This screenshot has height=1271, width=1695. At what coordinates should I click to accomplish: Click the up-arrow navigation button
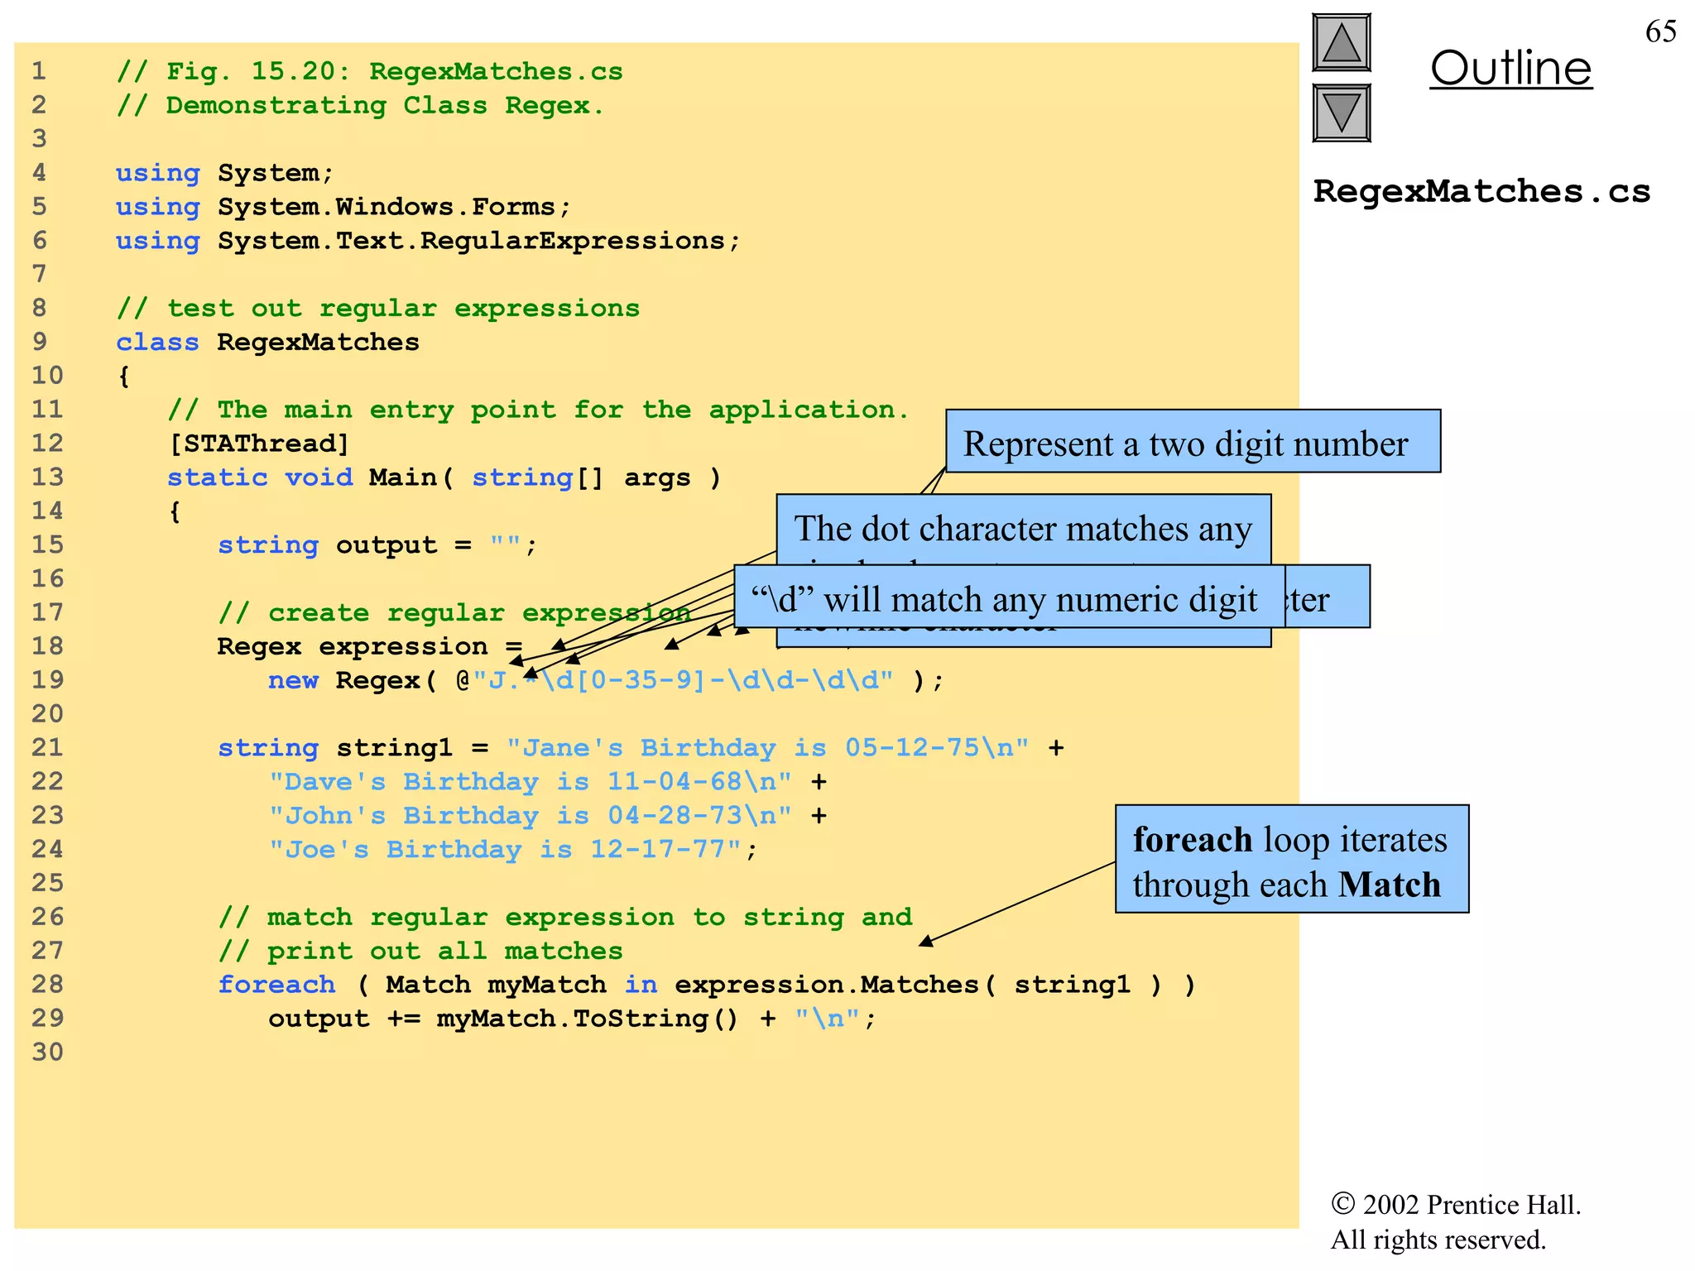(x=1341, y=43)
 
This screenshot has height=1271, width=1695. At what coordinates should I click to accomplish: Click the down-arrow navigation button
(x=1341, y=113)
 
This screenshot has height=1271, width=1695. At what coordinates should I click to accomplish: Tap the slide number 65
(x=1660, y=32)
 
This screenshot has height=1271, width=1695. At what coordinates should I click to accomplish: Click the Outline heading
(x=1510, y=69)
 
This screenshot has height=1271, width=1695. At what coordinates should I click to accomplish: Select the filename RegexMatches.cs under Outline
(x=1481, y=192)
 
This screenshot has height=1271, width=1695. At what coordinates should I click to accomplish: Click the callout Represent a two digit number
(x=1192, y=443)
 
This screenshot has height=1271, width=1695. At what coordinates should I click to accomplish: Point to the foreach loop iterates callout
(x=1291, y=860)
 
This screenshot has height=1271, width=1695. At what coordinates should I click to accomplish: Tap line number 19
(x=47, y=680)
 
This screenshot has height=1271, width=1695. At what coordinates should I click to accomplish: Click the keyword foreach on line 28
(x=276, y=985)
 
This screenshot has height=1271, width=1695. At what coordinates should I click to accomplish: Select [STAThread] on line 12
(x=259, y=444)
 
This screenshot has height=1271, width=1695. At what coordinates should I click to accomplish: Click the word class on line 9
(x=157, y=343)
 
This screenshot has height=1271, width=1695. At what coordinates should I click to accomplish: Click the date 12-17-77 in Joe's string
(x=657, y=850)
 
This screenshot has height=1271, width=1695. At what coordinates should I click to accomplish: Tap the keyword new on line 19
(x=293, y=681)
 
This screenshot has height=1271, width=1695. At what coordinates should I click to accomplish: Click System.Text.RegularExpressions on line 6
(x=471, y=241)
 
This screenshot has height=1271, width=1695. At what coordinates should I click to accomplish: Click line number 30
(x=47, y=1053)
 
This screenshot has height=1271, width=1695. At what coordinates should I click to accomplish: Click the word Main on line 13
(x=403, y=477)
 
